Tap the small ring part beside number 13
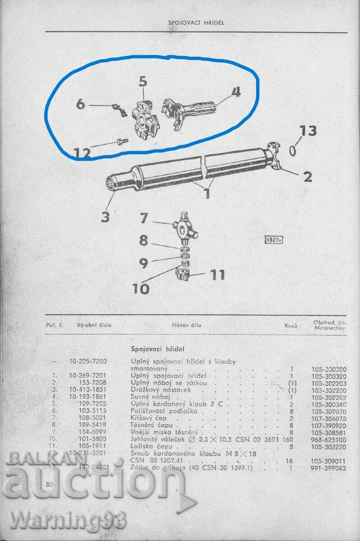pyautogui.click(x=293, y=151)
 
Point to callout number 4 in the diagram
pyautogui.click(x=235, y=92)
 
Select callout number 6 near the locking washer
pyautogui.click(x=80, y=104)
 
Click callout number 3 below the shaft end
pyautogui.click(x=105, y=217)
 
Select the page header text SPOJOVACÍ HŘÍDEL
pyautogui.click(x=196, y=22)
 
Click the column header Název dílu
pyautogui.click(x=187, y=325)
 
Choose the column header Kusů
pyautogui.click(x=291, y=325)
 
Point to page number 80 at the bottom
pyautogui.click(x=50, y=485)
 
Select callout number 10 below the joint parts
pyautogui.click(x=141, y=288)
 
